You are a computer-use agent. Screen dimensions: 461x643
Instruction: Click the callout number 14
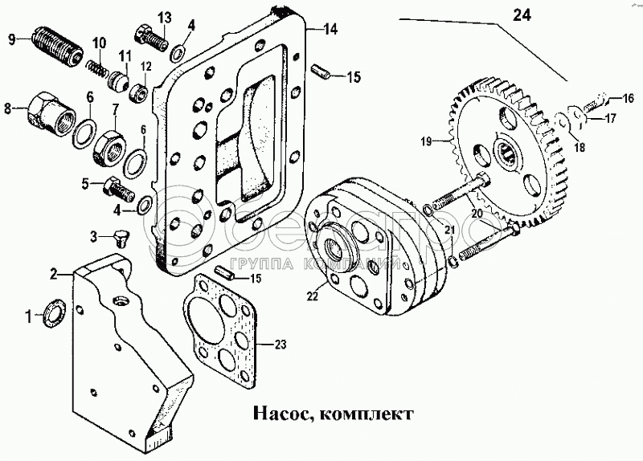[330, 30]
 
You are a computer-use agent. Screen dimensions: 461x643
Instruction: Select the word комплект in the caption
[362, 415]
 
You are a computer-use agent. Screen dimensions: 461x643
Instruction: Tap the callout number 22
[313, 296]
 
